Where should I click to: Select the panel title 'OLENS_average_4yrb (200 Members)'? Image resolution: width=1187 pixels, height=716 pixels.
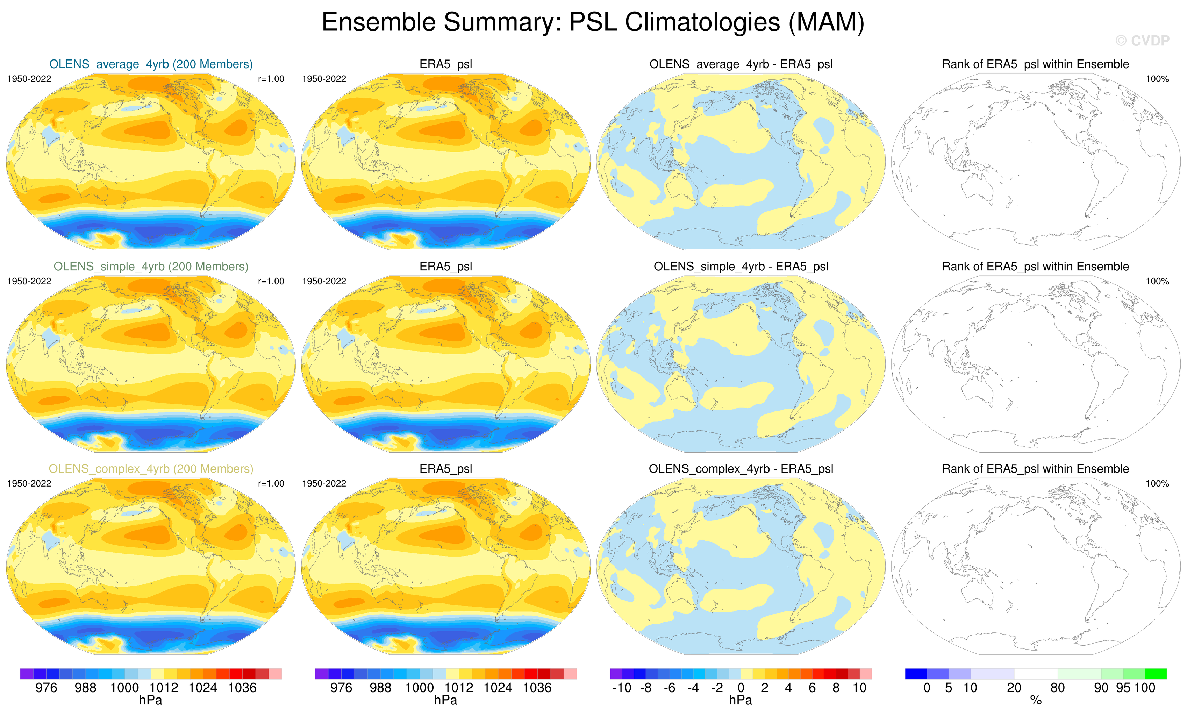(x=151, y=64)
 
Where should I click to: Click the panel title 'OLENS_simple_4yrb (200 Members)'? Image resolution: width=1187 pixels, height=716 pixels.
(x=151, y=267)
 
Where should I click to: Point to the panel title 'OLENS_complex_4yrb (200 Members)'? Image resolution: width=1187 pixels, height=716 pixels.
(x=151, y=469)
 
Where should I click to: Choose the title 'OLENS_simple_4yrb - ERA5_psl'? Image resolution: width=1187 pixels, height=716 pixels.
(x=741, y=267)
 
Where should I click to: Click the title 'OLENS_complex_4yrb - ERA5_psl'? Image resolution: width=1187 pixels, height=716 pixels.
(x=741, y=469)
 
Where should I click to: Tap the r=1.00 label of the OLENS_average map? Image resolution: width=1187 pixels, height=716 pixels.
(x=271, y=79)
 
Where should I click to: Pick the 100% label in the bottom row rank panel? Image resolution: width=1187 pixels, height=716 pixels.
(x=1157, y=483)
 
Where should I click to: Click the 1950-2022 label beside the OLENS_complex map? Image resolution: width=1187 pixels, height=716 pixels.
(x=29, y=483)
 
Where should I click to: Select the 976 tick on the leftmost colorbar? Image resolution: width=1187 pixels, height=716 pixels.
(x=46, y=688)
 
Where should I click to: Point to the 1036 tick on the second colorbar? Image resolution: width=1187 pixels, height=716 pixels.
(x=537, y=688)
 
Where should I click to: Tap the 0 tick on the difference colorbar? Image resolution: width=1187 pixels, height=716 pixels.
(x=741, y=688)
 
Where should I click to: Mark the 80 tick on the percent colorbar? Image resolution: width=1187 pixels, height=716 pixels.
(x=1057, y=688)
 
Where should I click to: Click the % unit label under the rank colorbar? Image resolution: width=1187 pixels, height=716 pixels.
(x=1036, y=701)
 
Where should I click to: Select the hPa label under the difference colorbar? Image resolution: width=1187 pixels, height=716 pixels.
(x=741, y=700)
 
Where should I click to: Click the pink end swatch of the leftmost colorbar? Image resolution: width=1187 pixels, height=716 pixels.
(x=275, y=674)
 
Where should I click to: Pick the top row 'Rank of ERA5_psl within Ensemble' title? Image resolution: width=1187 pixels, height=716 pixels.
(x=1035, y=64)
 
